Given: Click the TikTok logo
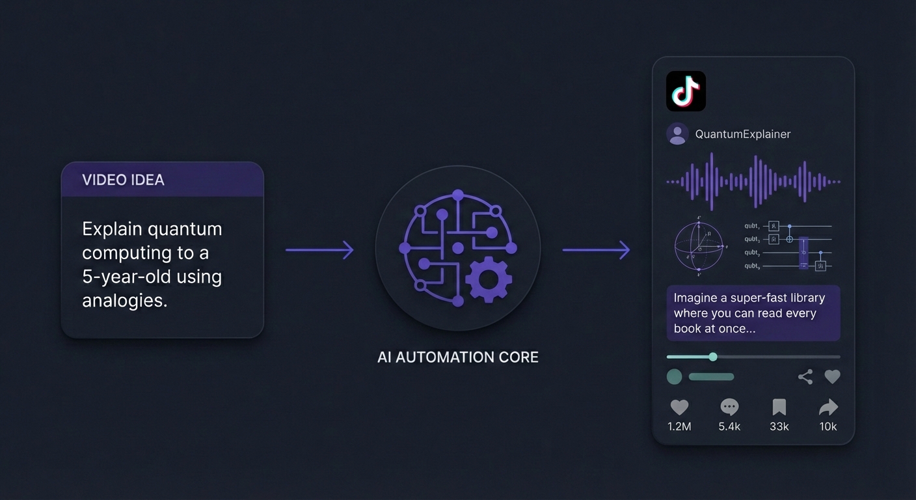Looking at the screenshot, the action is (686, 91).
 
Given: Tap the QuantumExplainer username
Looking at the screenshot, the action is (743, 134).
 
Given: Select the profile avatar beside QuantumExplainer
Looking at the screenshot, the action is (678, 134).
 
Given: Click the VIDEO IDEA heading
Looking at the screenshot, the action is (123, 180).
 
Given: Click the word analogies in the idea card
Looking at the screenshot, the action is (124, 300).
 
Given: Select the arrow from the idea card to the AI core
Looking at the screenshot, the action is (319, 249).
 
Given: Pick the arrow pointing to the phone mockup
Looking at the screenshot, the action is (596, 249).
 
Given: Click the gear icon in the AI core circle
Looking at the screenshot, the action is (489, 279).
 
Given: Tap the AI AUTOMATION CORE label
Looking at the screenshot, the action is (457, 357).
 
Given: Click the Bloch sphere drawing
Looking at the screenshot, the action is (699, 246).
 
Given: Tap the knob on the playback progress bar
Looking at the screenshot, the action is (713, 357).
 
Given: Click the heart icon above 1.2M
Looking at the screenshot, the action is (679, 408).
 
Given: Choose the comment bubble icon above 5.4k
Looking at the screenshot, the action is (729, 408).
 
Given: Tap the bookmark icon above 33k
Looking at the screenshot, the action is (779, 408).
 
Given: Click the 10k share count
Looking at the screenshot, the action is (828, 426).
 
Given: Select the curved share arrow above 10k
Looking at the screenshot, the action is (828, 408).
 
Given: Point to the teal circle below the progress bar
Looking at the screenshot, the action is (675, 376).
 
